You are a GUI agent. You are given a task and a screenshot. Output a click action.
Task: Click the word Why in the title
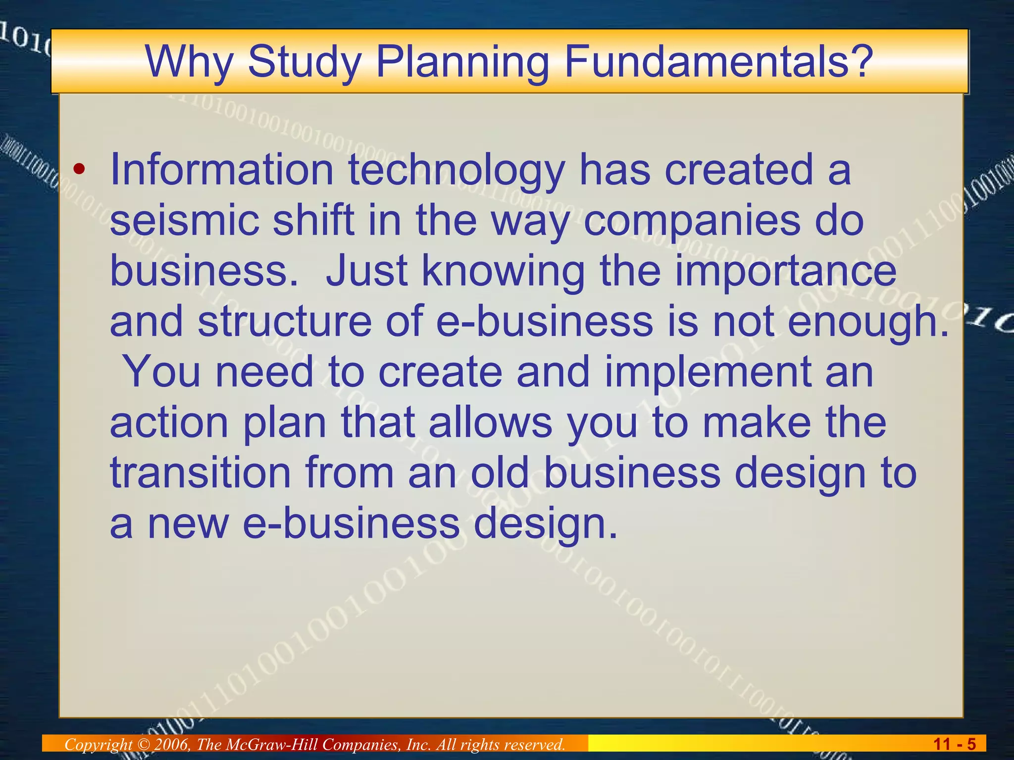click(x=189, y=61)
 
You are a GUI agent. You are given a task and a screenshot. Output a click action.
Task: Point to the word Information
click(x=222, y=170)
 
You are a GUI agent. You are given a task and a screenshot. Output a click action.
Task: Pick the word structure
click(x=285, y=322)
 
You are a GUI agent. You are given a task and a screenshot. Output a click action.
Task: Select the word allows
click(x=490, y=423)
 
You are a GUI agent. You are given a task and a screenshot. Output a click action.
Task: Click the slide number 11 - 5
click(x=954, y=744)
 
